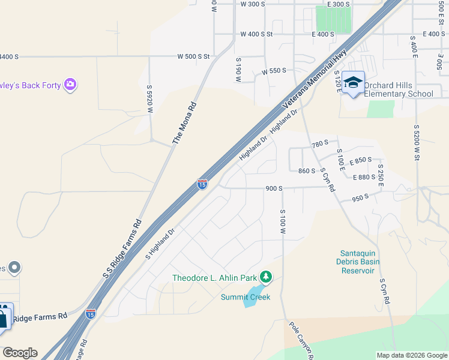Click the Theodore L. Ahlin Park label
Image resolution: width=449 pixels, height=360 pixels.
pyautogui.click(x=214, y=278)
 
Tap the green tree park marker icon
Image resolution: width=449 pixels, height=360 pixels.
pyautogui.click(x=266, y=277)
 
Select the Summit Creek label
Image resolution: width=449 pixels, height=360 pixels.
pyautogui.click(x=246, y=297)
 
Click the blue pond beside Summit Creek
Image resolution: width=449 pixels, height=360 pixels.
pyautogui.click(x=251, y=299)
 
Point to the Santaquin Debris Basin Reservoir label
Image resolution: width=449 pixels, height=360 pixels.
pyautogui.click(x=360, y=262)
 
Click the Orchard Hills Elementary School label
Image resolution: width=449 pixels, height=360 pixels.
pyautogui.click(x=398, y=89)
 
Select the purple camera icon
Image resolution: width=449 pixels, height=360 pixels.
pyautogui.click(x=71, y=85)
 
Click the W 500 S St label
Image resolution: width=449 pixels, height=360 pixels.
pyautogui.click(x=193, y=56)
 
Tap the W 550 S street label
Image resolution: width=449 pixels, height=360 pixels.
pyautogui.click(x=274, y=71)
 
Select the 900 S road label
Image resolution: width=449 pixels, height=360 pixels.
pyautogui.click(x=274, y=188)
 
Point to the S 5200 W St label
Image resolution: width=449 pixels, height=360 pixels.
pyautogui.click(x=416, y=142)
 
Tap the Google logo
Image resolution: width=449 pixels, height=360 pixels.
pyautogui.click(x=20, y=353)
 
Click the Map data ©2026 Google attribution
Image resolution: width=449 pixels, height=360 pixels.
pyautogui.click(x=412, y=355)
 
